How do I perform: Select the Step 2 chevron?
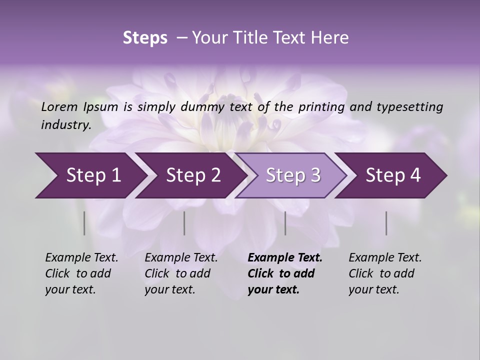tap(193, 175)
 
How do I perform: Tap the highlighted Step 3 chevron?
tap(293, 175)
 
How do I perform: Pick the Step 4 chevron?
tap(393, 175)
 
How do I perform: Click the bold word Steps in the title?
tap(145, 38)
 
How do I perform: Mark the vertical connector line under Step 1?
tap(84, 223)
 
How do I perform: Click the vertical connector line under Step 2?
tap(184, 223)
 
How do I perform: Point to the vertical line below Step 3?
tap(285, 223)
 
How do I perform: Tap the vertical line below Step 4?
tap(386, 223)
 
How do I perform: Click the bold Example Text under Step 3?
tap(285, 258)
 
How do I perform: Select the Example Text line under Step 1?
tap(81, 258)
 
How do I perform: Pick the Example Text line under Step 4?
tap(385, 258)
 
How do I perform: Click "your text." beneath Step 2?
tap(169, 289)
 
